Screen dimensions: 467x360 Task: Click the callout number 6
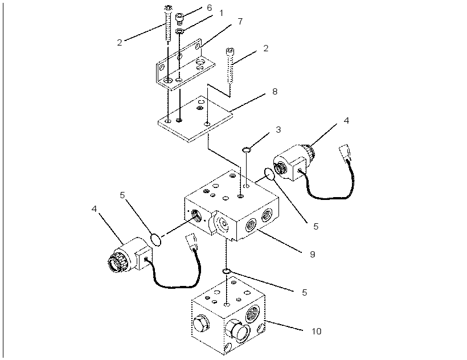[x=210, y=8]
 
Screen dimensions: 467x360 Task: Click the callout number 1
[x=221, y=13]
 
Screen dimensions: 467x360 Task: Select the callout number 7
[x=240, y=22]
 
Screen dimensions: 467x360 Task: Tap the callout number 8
[x=275, y=91]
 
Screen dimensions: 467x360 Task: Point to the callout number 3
[x=278, y=129]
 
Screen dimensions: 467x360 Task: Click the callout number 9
[x=313, y=254]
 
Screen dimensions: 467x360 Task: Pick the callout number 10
[x=317, y=331]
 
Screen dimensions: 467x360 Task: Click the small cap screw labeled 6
[x=179, y=19]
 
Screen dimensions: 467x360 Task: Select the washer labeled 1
[x=179, y=31]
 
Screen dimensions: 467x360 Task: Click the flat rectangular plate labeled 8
[x=195, y=119]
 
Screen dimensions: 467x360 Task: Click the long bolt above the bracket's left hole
[x=169, y=23]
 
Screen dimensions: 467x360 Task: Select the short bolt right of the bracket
[x=230, y=66]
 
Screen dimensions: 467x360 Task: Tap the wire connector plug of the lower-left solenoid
[x=191, y=242]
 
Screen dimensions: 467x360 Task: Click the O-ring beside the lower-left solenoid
[x=156, y=240]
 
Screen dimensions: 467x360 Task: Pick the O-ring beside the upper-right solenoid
[x=269, y=174]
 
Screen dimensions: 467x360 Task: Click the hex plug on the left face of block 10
[x=201, y=324]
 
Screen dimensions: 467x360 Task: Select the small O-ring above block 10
[x=227, y=271]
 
